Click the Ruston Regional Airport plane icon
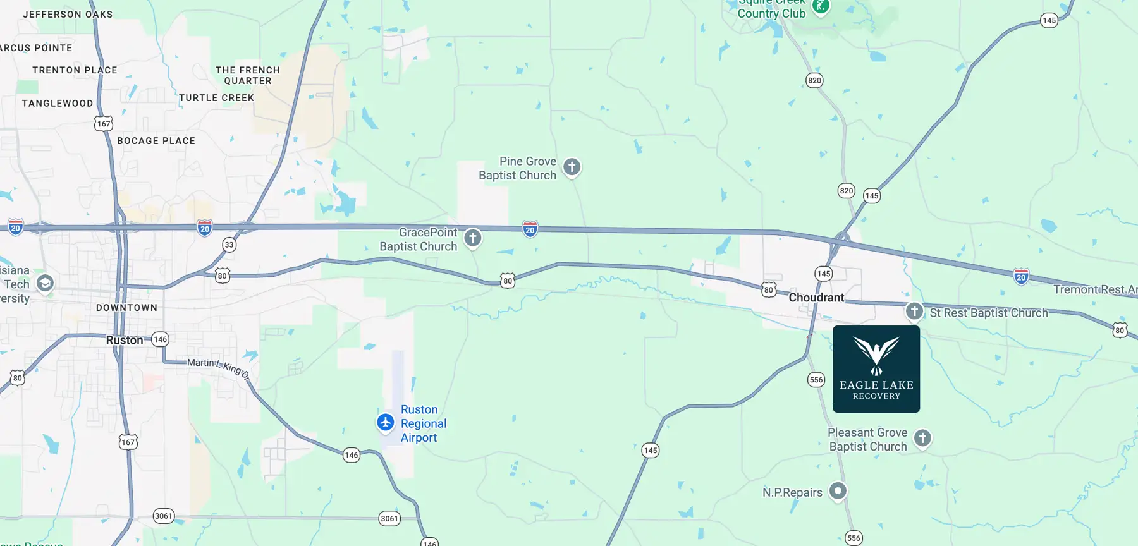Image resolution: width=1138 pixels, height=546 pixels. click(x=386, y=422)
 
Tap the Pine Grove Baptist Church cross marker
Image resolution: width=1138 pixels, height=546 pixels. click(x=572, y=167)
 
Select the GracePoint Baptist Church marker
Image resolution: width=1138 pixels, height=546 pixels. click(x=473, y=238)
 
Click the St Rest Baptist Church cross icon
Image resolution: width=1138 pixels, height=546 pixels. click(x=914, y=311)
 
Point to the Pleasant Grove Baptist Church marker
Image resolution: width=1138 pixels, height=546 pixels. click(x=922, y=438)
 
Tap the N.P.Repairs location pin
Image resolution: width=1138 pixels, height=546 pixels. click(x=838, y=490)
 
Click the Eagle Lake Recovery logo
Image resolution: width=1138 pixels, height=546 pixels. click(x=876, y=369)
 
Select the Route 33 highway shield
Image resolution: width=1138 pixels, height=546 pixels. click(x=229, y=245)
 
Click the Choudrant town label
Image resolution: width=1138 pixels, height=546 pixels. click(x=816, y=298)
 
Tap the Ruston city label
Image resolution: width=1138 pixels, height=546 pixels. click(x=125, y=340)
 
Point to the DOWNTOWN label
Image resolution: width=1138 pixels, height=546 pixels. click(x=126, y=308)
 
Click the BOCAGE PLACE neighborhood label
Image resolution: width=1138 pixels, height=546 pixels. click(x=156, y=141)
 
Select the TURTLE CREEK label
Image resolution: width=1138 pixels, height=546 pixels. click(x=216, y=98)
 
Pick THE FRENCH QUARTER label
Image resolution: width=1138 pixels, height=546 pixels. click(x=248, y=75)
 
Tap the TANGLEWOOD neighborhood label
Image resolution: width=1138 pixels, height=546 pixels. click(x=58, y=104)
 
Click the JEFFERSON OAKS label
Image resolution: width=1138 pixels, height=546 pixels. click(x=68, y=15)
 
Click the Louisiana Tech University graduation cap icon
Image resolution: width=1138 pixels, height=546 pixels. click(x=45, y=283)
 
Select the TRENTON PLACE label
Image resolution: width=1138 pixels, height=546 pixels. click(x=75, y=70)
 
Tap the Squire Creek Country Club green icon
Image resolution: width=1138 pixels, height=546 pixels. click(x=821, y=7)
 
